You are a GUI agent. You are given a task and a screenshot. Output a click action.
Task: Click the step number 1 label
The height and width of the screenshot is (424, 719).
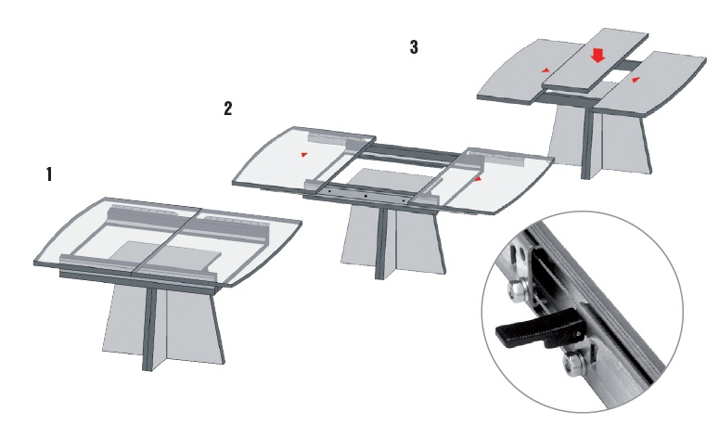[49, 174]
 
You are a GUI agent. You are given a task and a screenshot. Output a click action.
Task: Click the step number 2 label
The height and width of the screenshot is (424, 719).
[228, 109]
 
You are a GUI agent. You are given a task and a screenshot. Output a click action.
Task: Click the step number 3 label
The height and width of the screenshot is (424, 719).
[414, 46]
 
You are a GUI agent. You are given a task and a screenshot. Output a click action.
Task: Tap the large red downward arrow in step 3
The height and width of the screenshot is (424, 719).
[597, 56]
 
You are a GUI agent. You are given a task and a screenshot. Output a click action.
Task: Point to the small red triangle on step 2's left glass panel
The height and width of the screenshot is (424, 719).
[303, 155]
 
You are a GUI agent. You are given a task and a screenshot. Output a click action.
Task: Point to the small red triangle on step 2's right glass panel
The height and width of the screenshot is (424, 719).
[478, 179]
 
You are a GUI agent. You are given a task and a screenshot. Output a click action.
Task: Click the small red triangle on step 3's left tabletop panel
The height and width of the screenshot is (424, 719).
[546, 71]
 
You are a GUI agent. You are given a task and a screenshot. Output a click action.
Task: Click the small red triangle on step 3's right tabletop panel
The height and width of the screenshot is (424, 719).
[636, 80]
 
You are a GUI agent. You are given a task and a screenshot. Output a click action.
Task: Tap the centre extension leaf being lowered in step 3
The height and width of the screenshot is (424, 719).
[596, 60]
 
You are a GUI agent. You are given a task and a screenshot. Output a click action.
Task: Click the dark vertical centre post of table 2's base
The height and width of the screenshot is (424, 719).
[380, 243]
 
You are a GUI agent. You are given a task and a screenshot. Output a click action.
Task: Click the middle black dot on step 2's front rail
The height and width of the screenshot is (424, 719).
[366, 196]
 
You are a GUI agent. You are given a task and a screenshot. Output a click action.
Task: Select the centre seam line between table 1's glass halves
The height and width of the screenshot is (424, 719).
[166, 244]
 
